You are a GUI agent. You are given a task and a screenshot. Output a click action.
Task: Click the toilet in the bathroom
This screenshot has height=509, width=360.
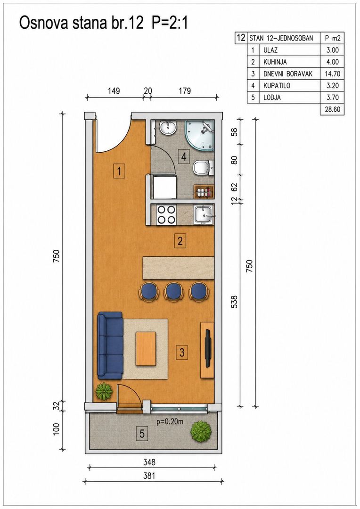203,168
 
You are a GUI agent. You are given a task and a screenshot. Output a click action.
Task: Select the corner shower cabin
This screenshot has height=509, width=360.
200,135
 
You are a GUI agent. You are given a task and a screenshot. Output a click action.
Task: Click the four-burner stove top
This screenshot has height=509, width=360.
166,214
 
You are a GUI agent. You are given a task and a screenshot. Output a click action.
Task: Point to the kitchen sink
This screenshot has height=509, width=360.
204,214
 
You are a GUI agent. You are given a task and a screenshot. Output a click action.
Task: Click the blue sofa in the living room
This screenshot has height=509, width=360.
110,345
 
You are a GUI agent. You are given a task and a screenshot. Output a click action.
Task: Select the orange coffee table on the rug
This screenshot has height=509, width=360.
146,349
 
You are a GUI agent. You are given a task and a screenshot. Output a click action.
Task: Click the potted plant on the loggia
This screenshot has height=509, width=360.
201,431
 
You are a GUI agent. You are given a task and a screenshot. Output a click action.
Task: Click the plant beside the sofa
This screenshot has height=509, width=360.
104,391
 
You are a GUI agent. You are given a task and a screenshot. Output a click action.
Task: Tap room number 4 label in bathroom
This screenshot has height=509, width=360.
184,157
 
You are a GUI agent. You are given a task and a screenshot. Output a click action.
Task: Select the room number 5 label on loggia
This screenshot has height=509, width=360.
142,434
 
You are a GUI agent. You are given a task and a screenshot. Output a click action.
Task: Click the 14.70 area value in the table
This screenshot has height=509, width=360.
332,74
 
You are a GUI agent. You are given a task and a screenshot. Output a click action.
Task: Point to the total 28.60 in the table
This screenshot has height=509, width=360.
332,109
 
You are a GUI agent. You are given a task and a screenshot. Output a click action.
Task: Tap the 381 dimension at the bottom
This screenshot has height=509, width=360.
149,476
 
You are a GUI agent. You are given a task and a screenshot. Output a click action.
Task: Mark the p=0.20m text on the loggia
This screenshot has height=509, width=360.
170,422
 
